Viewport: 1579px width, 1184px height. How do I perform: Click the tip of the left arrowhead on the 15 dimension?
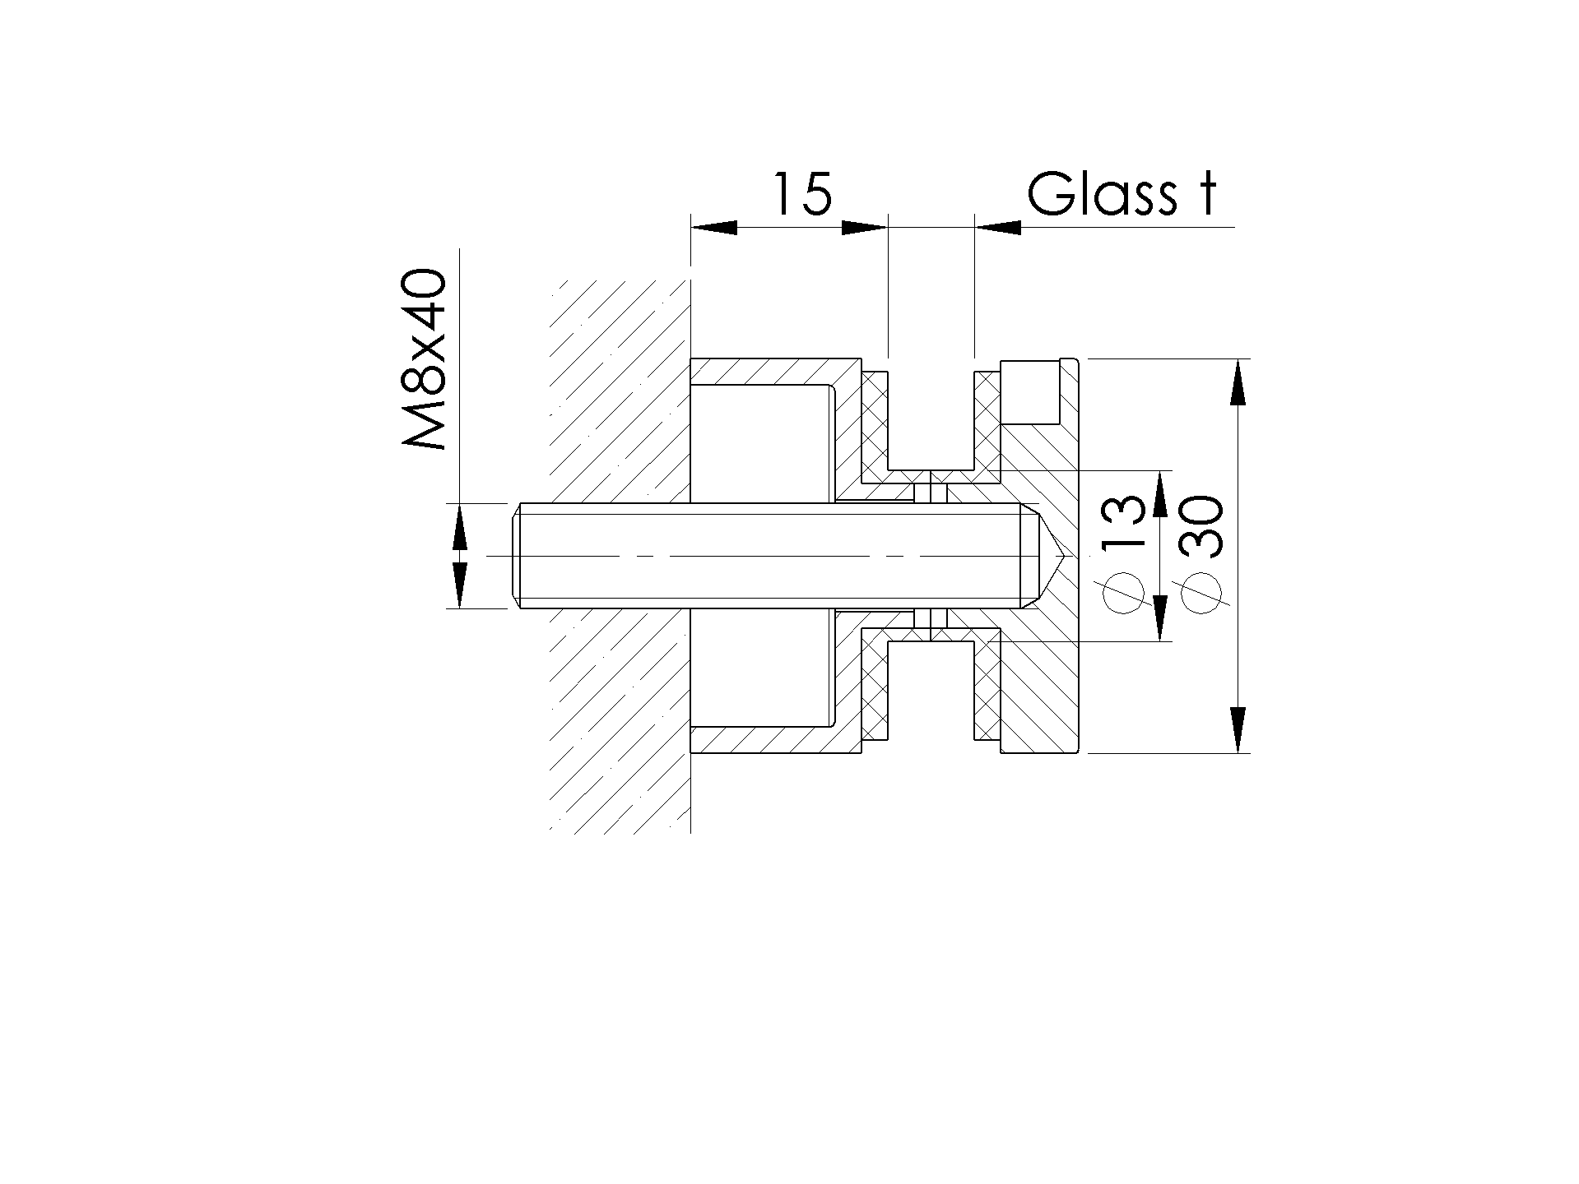(691, 227)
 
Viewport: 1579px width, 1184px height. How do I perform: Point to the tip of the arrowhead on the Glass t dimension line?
(975, 227)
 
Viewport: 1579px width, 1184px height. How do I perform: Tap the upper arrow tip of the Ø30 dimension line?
(1238, 359)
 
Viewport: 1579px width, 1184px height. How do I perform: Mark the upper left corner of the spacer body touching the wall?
(691, 359)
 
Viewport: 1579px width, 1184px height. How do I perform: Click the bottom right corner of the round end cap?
(1078, 752)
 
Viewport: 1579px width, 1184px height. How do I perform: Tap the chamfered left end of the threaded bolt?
(517, 556)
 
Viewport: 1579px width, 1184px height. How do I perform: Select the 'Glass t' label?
(1122, 194)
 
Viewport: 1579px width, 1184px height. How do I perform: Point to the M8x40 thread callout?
(425, 360)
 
